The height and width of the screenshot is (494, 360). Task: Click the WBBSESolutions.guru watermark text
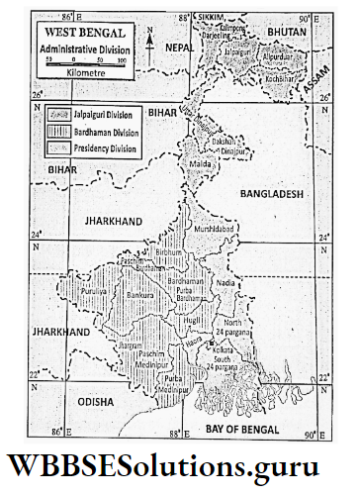click(179, 463)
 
